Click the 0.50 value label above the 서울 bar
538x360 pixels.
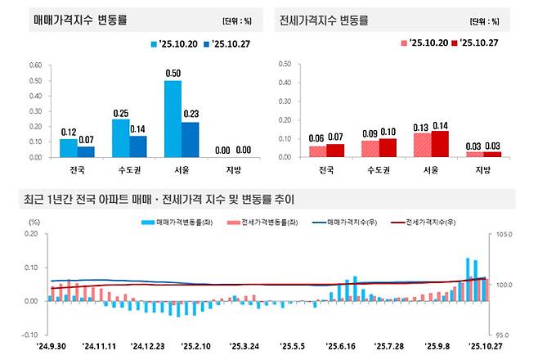tap(173, 74)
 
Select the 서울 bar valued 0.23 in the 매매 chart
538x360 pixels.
tap(189, 140)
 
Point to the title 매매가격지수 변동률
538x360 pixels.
tap(79, 19)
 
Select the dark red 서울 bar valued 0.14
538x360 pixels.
tap(439, 144)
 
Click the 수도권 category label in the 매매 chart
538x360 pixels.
tap(130, 170)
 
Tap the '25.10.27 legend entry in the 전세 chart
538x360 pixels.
tap(480, 42)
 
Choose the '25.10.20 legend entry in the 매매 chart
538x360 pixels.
tap(177, 42)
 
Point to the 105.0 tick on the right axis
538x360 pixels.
tap(502, 235)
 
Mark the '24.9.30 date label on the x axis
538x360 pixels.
tap(50, 347)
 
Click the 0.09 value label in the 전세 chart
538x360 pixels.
tap(370, 133)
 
